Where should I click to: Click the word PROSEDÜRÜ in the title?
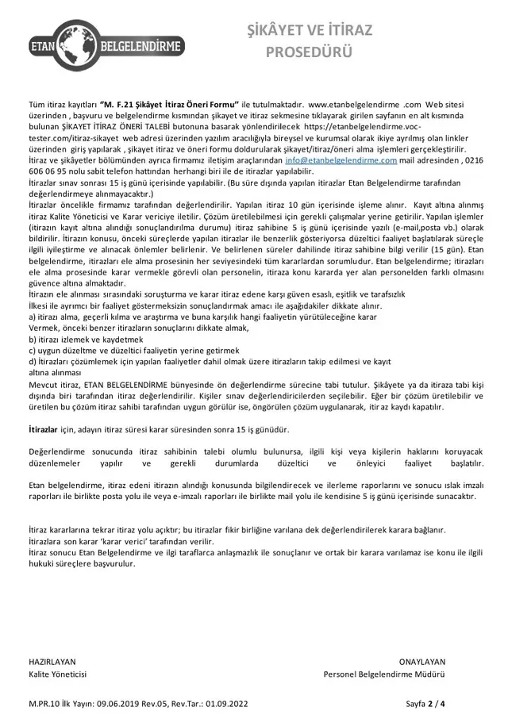coord(306,53)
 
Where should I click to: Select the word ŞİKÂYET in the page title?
coord(278,31)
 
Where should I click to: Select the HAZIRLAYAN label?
coord(52,660)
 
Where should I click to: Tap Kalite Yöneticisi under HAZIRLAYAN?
coord(58,674)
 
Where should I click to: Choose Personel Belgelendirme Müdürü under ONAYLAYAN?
coord(384,674)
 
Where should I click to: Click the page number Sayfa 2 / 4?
coord(425,703)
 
